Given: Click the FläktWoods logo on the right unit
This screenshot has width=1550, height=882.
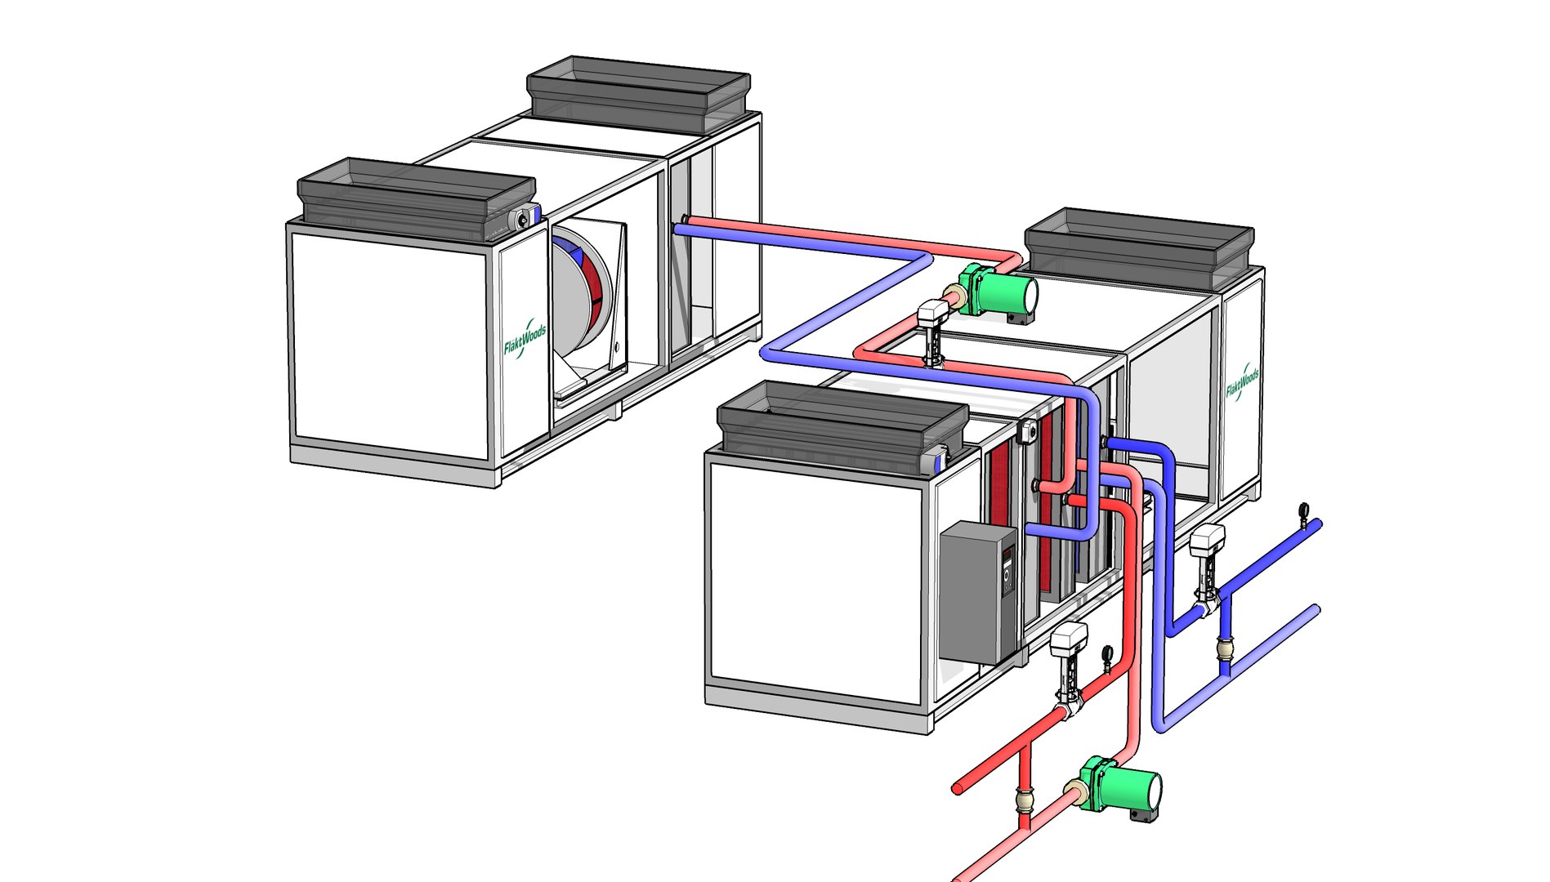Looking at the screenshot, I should point(1242,381).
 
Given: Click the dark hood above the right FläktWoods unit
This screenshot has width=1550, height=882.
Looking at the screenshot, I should point(1138,244).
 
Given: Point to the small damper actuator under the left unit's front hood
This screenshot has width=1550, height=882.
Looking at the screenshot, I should point(523,219).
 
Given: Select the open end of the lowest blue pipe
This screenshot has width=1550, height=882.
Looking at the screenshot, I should point(1315,609).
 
